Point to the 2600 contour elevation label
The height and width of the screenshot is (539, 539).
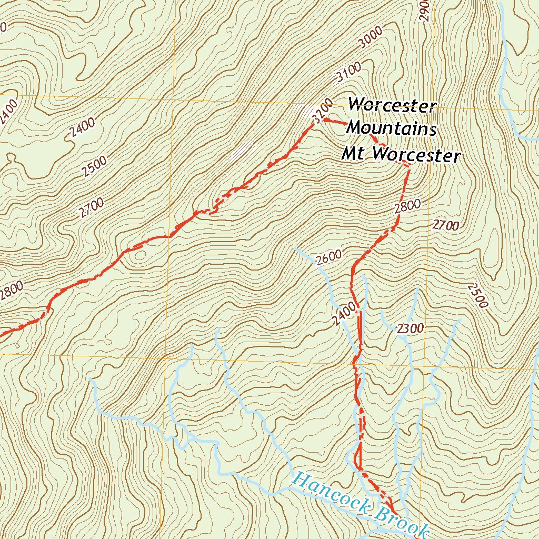pos(330,256)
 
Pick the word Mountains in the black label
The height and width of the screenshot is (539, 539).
pos(392,128)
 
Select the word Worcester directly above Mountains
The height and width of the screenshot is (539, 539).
pos(392,105)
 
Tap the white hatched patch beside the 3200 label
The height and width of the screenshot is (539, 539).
pos(304,111)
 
